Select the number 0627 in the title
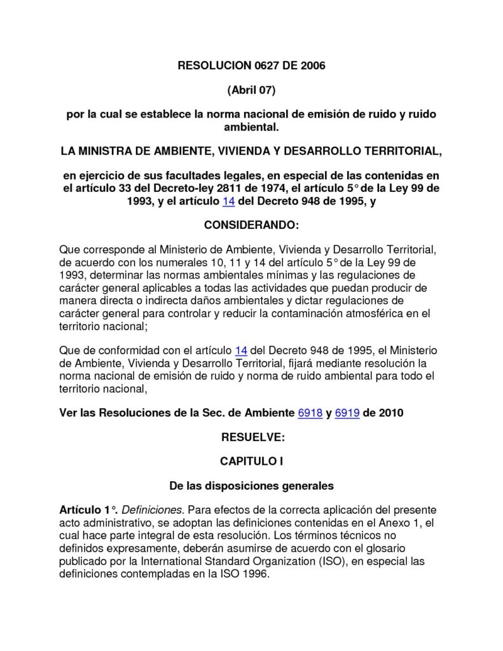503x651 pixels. pos(266,65)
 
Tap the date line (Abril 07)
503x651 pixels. pos(251,90)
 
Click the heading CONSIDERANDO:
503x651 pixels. pos(251,225)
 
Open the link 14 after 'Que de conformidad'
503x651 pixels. pos(240,350)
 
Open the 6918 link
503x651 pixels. pos(310,413)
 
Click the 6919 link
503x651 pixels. pos(347,413)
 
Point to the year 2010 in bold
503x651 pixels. pos(391,413)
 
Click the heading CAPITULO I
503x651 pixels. pos(251,461)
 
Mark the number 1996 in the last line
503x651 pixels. pos(256,573)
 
